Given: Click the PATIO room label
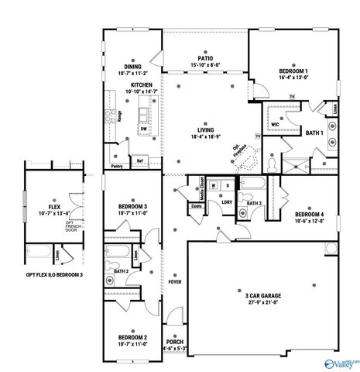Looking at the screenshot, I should [x=205, y=58].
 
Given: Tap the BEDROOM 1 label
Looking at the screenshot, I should [x=293, y=71].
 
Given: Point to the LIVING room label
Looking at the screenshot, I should [x=205, y=129].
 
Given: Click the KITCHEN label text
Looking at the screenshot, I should [x=141, y=84].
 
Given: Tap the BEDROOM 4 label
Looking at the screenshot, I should [x=309, y=213].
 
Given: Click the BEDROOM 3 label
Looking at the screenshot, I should [x=133, y=206].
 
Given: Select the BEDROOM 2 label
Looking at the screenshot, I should [x=133, y=337].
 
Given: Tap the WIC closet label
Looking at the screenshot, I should [x=275, y=123].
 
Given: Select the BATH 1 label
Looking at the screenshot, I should [x=314, y=134].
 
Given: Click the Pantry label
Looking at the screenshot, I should [x=118, y=166].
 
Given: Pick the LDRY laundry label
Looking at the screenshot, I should [x=227, y=202].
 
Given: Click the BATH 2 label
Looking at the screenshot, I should [x=122, y=271].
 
